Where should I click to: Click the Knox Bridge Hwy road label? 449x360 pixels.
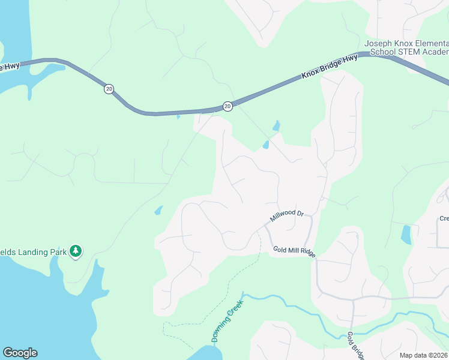[330, 65]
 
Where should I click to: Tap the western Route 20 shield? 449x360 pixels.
[108, 89]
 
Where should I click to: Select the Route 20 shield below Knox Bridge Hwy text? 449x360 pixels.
[228, 106]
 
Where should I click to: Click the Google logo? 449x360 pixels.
[20, 353]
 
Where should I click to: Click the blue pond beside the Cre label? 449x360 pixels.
[406, 234]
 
